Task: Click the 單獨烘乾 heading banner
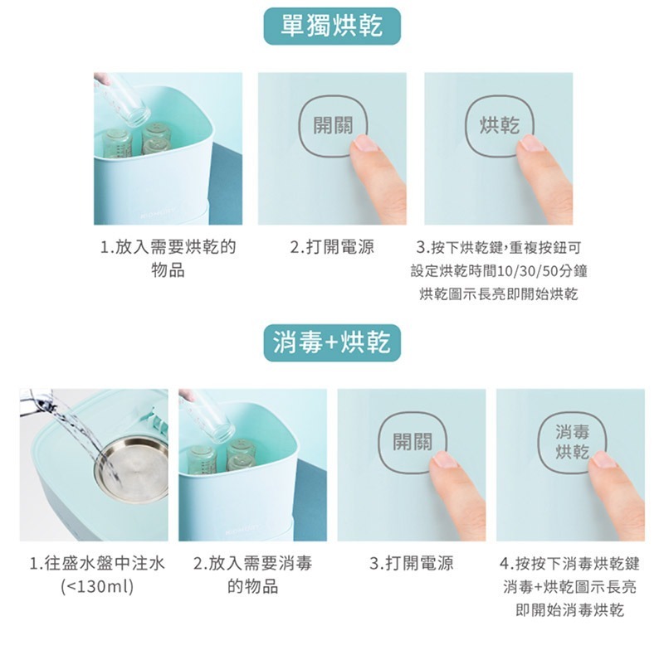[332, 26]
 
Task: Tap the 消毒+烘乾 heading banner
[332, 342]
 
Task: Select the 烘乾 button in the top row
[500, 126]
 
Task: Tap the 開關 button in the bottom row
[412, 442]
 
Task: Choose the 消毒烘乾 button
[572, 442]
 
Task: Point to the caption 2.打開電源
[332, 247]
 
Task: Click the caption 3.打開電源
[412, 564]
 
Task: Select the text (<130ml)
[97, 587]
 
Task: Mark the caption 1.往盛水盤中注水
[97, 564]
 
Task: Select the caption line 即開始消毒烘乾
[570, 610]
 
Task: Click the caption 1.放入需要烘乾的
[168, 247]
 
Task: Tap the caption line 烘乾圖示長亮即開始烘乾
[499, 294]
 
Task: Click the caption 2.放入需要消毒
[253, 564]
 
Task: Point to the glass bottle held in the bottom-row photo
[208, 417]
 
